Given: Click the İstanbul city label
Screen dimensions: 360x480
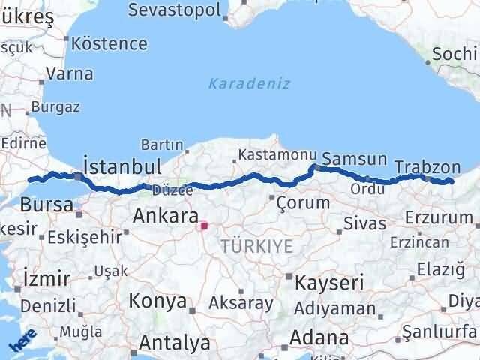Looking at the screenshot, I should click(x=123, y=165).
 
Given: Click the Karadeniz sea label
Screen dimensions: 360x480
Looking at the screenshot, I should click(x=249, y=83).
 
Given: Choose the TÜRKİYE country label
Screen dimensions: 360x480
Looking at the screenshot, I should click(x=256, y=245).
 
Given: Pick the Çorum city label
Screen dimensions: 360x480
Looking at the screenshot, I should click(x=303, y=202).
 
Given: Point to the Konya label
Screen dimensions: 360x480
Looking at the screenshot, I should click(x=157, y=301).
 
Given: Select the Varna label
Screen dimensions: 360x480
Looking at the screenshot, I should click(x=70, y=73).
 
